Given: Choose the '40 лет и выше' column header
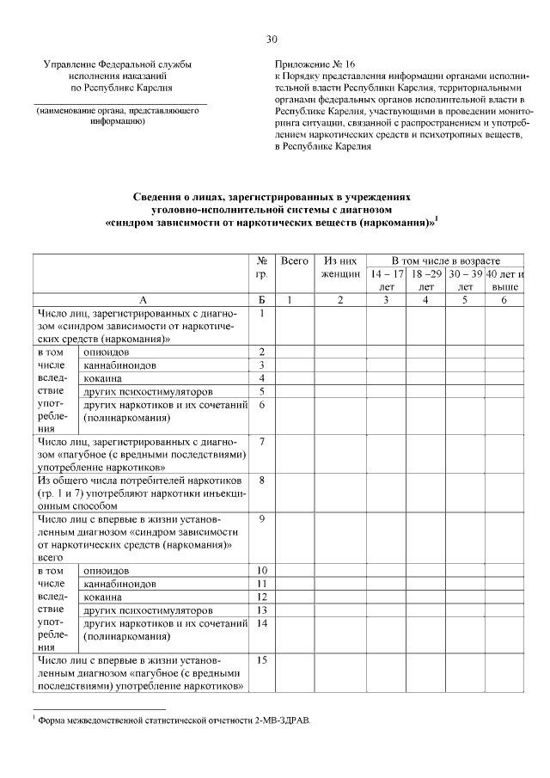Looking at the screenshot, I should click(505, 279).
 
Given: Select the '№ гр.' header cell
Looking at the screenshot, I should click(261, 266).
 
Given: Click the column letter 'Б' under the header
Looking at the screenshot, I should click(261, 299).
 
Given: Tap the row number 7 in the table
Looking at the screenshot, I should click(261, 441).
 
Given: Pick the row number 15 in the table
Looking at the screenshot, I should click(262, 659).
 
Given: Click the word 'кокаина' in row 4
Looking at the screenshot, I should click(102, 378).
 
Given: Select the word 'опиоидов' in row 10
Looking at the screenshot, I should click(106, 571).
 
